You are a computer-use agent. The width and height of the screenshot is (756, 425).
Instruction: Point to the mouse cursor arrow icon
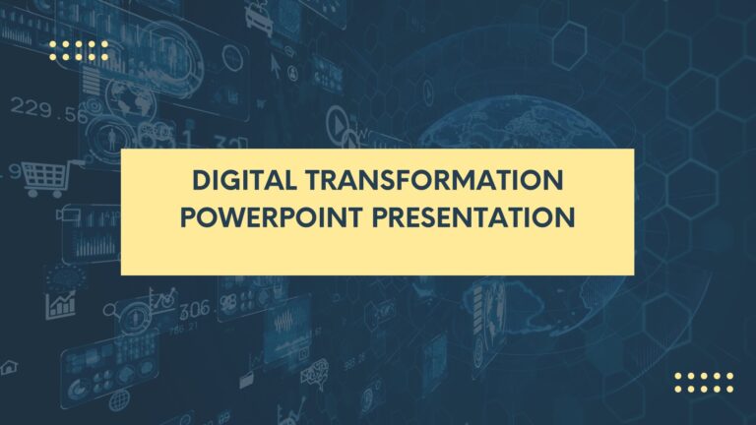[277, 65]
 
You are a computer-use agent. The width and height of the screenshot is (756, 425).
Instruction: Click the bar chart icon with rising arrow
[61, 303]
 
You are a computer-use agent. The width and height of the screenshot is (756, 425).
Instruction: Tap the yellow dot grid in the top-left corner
[79, 51]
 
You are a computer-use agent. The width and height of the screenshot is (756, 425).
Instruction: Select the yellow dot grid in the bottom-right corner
[704, 382]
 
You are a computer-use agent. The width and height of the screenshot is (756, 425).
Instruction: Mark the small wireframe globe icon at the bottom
[119, 398]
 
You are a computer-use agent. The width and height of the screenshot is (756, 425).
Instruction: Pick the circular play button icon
[339, 123]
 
